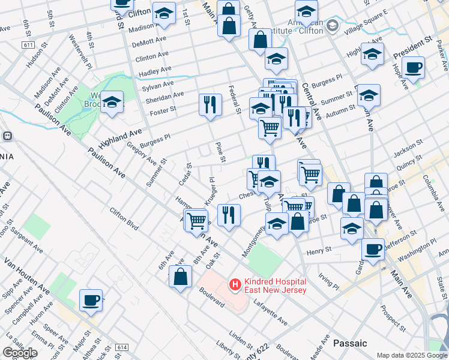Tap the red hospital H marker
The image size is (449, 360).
coord(235,283)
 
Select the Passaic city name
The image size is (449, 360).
coord(350,343)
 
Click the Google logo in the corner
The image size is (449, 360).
coord(20,353)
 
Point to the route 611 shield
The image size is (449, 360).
coord(28,45)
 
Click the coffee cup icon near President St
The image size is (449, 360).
coord(413,67)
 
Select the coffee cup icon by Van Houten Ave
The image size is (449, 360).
coord(91,299)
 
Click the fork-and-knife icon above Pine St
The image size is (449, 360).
coord(210,105)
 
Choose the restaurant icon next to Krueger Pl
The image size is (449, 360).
coord(228,215)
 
